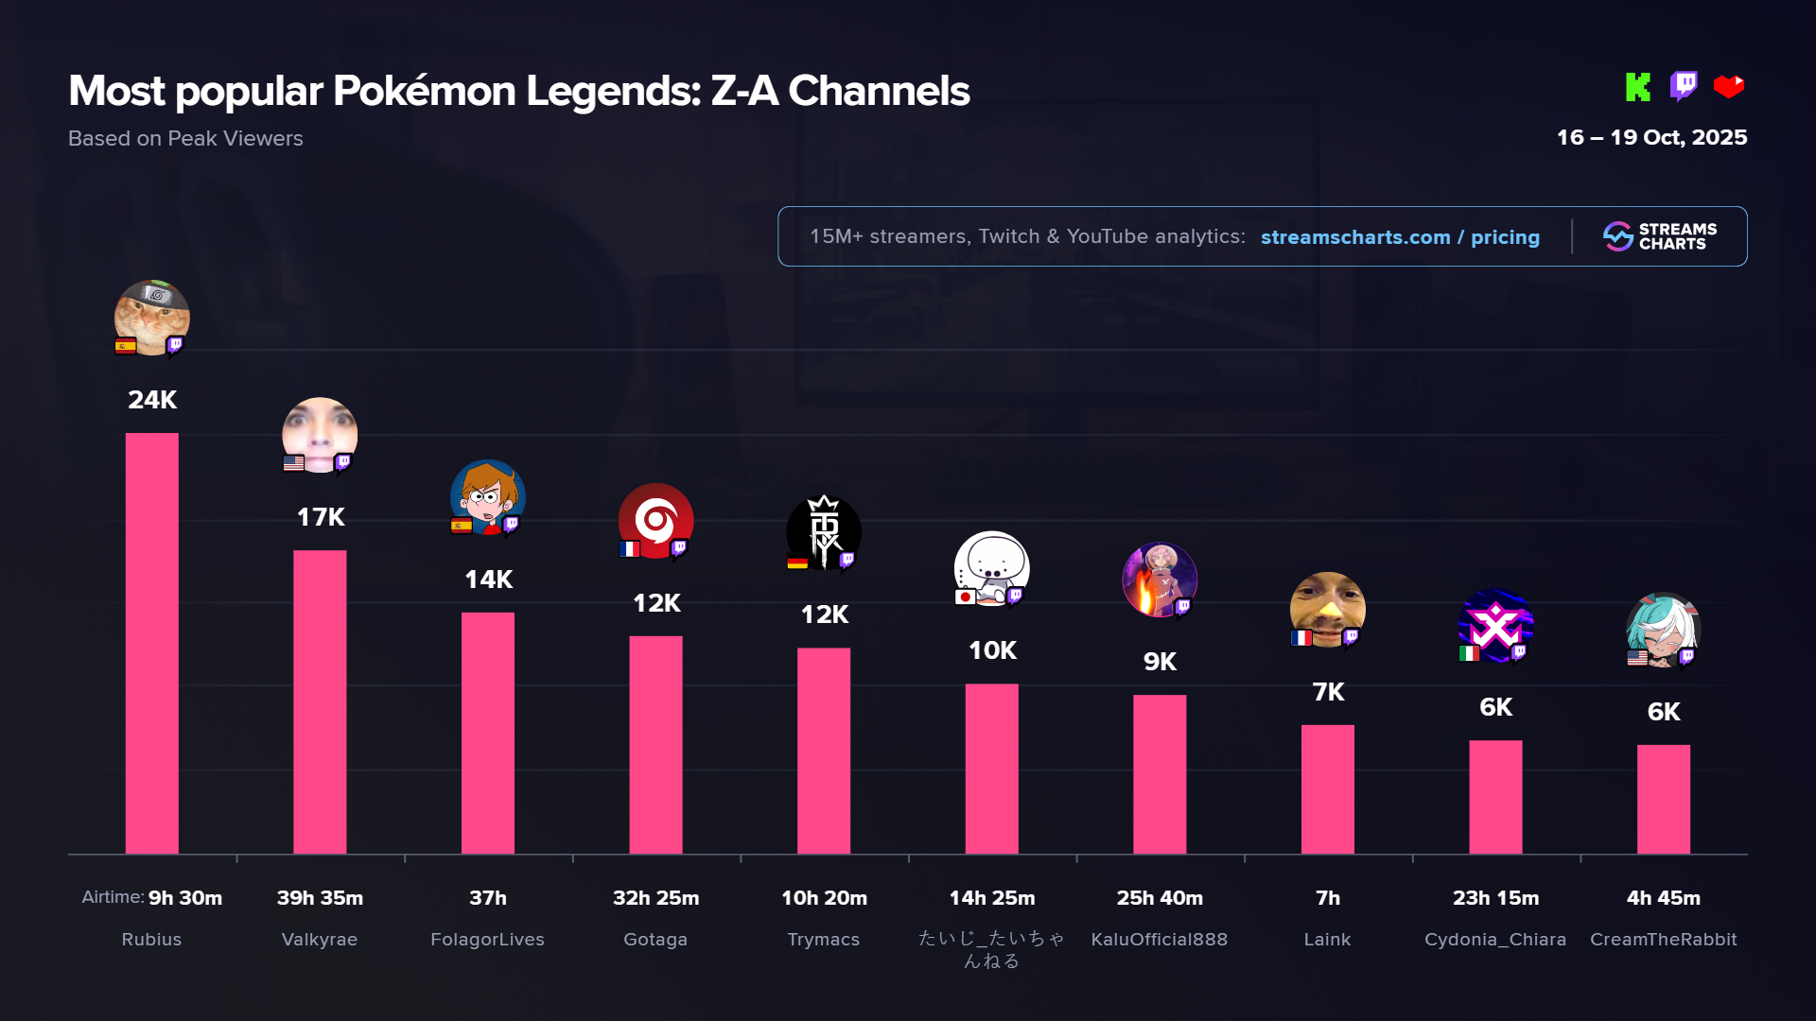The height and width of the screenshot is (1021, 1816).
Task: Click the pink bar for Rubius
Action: tap(151, 643)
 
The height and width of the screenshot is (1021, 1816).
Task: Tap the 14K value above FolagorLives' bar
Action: tap(488, 580)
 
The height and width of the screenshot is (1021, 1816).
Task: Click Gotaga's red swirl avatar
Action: tap(655, 521)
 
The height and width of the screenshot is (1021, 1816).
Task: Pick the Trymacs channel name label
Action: tap(824, 940)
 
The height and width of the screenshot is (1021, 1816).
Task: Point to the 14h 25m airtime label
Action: tap(992, 898)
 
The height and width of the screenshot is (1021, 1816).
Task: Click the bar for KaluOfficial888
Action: tap(1160, 774)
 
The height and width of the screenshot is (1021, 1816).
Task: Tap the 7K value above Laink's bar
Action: tap(1328, 692)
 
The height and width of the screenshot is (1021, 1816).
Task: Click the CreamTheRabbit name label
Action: tap(1663, 940)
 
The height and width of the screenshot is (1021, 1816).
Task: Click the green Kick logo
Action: tap(1638, 87)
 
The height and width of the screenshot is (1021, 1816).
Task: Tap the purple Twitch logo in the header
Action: tap(1684, 86)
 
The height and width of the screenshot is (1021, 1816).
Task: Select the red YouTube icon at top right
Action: tap(1729, 87)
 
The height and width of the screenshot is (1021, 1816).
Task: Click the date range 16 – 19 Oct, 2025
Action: tap(1651, 138)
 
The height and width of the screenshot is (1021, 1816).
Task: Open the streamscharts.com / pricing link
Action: tap(1400, 237)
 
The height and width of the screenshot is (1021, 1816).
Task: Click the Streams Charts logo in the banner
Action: tap(1660, 236)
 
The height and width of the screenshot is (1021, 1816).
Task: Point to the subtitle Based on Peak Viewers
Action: tap(185, 139)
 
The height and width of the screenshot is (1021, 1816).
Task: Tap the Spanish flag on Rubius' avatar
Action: tap(125, 346)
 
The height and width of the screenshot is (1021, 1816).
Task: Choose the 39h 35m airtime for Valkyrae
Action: tap(320, 898)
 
